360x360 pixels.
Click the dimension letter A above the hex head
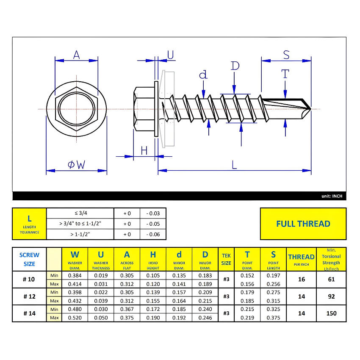pyautogui.click(x=76, y=55)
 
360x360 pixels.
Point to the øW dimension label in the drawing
pyautogui.click(x=76, y=164)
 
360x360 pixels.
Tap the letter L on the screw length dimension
pyautogui.click(x=234, y=164)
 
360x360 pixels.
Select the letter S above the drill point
pyautogui.click(x=286, y=55)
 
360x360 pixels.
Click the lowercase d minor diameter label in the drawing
pyautogui.click(x=204, y=75)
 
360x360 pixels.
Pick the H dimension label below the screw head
pyautogui.click(x=144, y=150)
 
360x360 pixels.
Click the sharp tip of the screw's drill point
pyautogui.click(x=310, y=109)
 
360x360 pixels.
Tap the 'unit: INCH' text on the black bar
pyautogui.click(x=332, y=196)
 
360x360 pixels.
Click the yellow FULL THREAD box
pyautogui.click(x=303, y=224)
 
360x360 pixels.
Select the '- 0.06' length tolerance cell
pyautogui.click(x=153, y=234)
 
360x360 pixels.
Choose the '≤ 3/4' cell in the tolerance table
pyautogui.click(x=80, y=213)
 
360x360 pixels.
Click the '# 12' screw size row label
pyautogui.click(x=29, y=296)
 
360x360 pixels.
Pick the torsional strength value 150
pyautogui.click(x=331, y=313)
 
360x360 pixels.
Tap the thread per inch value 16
pyautogui.click(x=301, y=280)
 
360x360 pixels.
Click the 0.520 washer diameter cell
pyautogui.click(x=75, y=318)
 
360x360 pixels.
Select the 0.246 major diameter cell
pyautogui.click(x=205, y=318)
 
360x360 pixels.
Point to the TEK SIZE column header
pyautogui.click(x=226, y=259)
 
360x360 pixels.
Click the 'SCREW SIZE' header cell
pyautogui.click(x=29, y=259)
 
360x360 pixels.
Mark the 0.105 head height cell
pyautogui.click(x=153, y=276)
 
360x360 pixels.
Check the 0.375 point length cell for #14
pyautogui.click(x=273, y=318)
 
